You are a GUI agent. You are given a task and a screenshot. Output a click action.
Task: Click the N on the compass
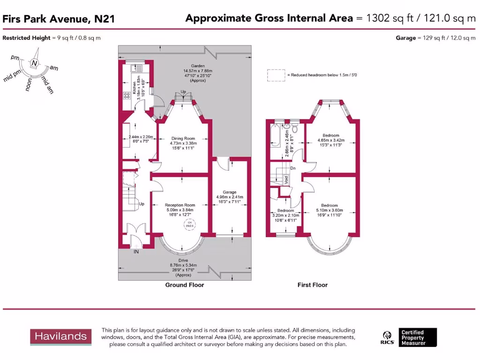click(x=34, y=63)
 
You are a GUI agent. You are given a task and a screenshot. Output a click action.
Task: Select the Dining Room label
click(x=182, y=138)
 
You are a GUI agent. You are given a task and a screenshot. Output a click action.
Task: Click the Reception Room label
click(x=180, y=205)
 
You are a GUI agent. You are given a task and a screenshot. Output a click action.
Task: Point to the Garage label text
click(x=229, y=192)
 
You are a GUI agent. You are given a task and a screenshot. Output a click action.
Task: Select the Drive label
click(x=183, y=260)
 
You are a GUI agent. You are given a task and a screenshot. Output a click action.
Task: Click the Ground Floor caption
click(x=184, y=285)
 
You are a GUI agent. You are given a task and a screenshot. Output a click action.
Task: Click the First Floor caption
click(x=312, y=285)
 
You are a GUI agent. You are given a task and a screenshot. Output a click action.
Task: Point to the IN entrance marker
click(x=136, y=252)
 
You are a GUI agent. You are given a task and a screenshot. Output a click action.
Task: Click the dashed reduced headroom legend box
click(x=276, y=75)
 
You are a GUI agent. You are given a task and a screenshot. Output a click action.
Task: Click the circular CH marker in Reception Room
click(x=190, y=226)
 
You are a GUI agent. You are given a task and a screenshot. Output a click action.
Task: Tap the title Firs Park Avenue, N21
click(x=59, y=19)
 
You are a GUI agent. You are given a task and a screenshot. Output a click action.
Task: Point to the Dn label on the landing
click(x=292, y=167)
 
